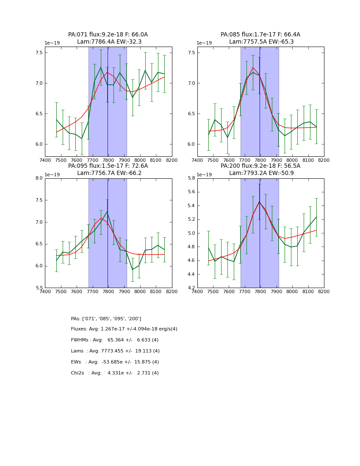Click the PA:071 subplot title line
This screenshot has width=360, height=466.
pyautogui.click(x=108, y=35)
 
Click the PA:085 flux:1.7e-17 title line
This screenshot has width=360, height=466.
pyautogui.click(x=260, y=35)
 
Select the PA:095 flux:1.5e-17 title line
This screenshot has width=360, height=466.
pyautogui.click(x=108, y=166)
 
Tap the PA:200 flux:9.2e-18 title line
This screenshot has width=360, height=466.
pyautogui.click(x=260, y=166)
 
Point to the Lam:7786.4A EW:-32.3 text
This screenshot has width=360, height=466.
pyautogui.click(x=109, y=42)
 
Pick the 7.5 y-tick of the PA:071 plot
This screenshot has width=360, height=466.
pyautogui.click(x=39, y=53)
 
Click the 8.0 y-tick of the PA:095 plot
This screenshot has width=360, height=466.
pyautogui.click(x=39, y=178)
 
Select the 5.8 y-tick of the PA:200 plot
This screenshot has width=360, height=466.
pyautogui.click(x=191, y=178)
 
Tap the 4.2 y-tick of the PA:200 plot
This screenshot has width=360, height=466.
pyautogui.click(x=191, y=288)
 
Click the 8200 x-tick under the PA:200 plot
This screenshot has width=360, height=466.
pyautogui.click(x=324, y=291)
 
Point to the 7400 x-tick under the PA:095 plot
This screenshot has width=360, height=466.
pyautogui.click(x=45, y=291)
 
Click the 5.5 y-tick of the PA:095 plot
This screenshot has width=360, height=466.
pyautogui.click(x=39, y=288)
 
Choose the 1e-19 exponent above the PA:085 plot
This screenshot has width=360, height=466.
pyautogui.click(x=204, y=43)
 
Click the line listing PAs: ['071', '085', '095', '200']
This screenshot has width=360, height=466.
pyautogui.click(x=106, y=319)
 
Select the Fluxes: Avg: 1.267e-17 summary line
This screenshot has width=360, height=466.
pyautogui.click(x=124, y=329)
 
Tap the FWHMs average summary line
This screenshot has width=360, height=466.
pyautogui.click(x=115, y=340)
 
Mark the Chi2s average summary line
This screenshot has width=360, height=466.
pyautogui.click(x=115, y=373)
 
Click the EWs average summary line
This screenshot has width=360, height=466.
pyautogui.click(x=115, y=362)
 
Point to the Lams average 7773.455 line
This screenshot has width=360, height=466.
pyautogui.click(x=115, y=351)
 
